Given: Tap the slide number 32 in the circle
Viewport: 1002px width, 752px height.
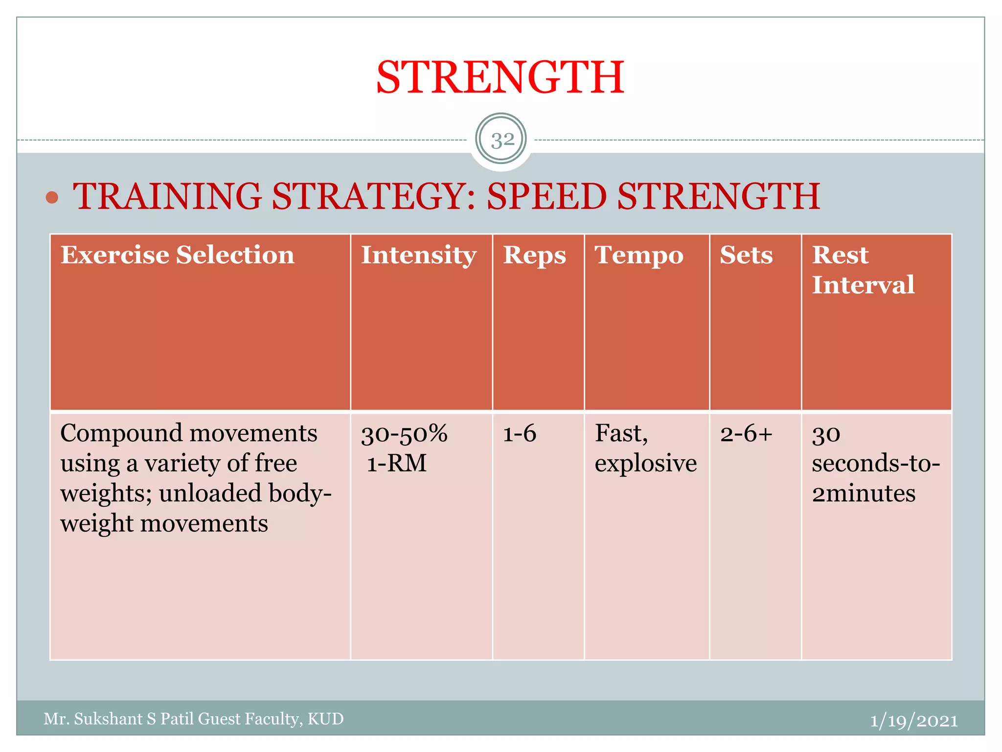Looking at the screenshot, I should click(502, 141).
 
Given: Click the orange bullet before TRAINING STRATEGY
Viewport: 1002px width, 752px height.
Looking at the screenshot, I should click(52, 198).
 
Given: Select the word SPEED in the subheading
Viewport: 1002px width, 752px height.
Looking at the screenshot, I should click(547, 196).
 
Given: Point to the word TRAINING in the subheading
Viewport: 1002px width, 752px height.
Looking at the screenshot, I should click(167, 196).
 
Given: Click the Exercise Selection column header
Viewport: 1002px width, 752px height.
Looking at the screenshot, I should click(177, 255).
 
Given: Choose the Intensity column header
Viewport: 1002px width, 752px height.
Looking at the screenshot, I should click(418, 255).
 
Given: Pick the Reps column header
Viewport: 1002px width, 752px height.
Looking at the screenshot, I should click(534, 255).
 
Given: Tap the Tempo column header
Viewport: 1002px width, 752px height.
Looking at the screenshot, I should click(639, 255).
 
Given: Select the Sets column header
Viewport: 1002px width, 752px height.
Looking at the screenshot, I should click(746, 255).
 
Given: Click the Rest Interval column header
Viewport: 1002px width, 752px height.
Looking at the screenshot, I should click(863, 270).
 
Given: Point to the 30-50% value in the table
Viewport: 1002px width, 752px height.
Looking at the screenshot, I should click(404, 434).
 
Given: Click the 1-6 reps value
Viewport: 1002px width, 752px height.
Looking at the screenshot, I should click(520, 434).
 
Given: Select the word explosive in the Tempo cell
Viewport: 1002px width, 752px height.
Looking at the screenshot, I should click(645, 464).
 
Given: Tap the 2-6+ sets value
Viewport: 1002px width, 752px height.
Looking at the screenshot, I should click(746, 434).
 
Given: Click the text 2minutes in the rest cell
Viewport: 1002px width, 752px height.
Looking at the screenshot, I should click(864, 493).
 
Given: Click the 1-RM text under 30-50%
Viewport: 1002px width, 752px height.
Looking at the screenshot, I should click(397, 464).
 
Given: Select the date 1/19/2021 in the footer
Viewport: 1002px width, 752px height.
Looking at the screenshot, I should click(913, 721).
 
